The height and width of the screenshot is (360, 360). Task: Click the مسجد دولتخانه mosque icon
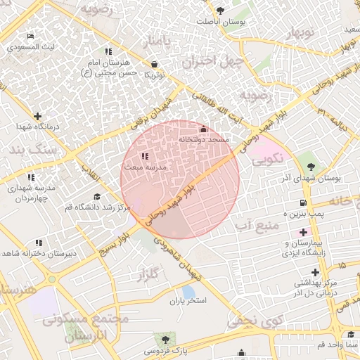204,129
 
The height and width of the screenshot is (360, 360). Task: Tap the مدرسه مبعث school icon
144,156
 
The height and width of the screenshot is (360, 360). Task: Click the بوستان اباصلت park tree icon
221,11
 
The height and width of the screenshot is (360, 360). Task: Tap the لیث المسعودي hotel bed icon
30,36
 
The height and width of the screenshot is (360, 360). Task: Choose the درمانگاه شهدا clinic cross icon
37,115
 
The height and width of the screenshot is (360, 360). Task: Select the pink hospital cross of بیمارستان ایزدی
303,231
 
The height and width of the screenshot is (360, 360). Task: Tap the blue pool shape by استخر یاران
188,291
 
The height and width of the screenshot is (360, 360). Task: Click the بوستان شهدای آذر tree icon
310,167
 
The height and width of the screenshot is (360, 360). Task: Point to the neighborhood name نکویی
266,159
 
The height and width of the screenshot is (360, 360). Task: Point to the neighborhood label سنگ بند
25,150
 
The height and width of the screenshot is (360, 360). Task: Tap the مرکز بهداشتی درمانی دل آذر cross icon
315,271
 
